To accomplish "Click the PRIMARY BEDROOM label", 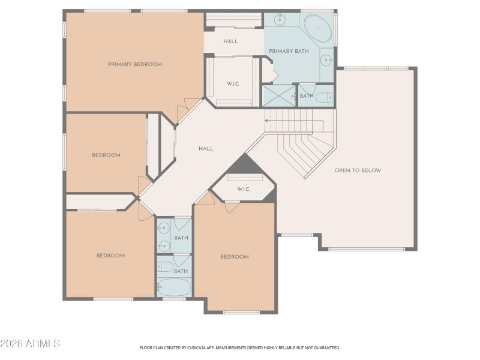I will (x=134, y=64).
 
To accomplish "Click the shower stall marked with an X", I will (x=279, y=95).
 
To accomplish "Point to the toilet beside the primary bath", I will (x=323, y=97).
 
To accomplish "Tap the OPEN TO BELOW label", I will (x=358, y=170).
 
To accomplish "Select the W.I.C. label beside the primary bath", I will (x=233, y=84).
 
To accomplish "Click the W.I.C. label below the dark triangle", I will (x=243, y=190).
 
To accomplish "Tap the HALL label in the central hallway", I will (x=206, y=149).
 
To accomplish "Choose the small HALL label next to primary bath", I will (x=230, y=41).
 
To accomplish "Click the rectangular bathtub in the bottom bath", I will (x=174, y=287).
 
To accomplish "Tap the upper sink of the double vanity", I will (x=163, y=227).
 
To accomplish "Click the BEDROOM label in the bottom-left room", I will (x=110, y=256).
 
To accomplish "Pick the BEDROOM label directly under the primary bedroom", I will (x=106, y=155).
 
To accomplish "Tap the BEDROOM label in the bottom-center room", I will (x=234, y=257).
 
